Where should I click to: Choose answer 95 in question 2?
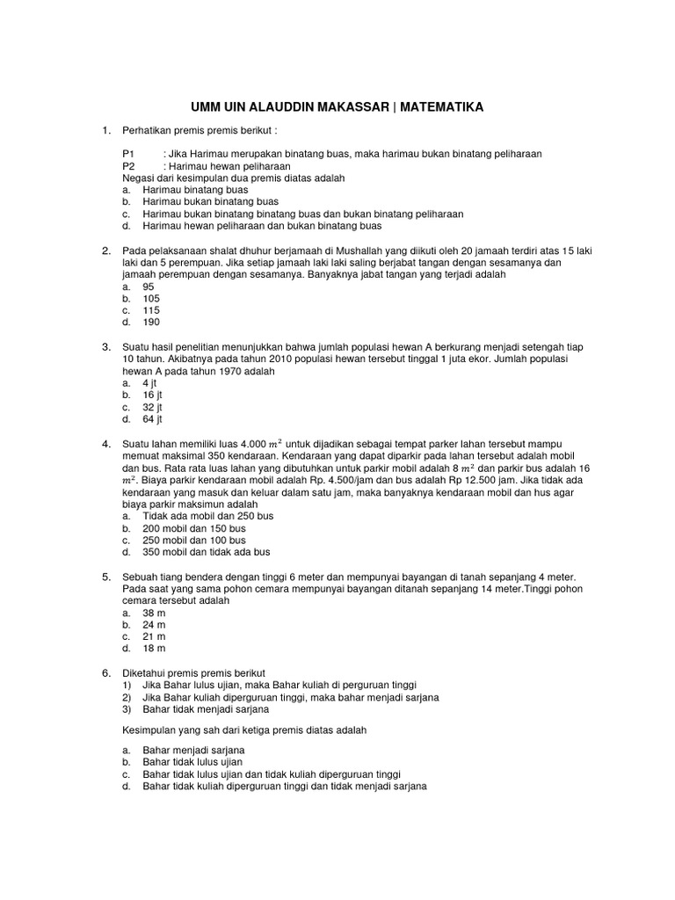149,287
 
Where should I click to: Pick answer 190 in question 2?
151,323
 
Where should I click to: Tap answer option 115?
151,310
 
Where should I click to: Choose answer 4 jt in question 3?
149,383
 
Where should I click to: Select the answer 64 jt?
152,419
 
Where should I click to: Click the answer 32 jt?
152,408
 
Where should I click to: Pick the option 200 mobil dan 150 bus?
194,528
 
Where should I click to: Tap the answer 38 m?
154,613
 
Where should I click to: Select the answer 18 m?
154,649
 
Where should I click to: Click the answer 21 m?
154,636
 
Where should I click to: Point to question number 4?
106,444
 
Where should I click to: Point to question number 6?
106,672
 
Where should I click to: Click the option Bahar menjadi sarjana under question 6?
193,750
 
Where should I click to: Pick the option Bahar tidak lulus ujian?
192,762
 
